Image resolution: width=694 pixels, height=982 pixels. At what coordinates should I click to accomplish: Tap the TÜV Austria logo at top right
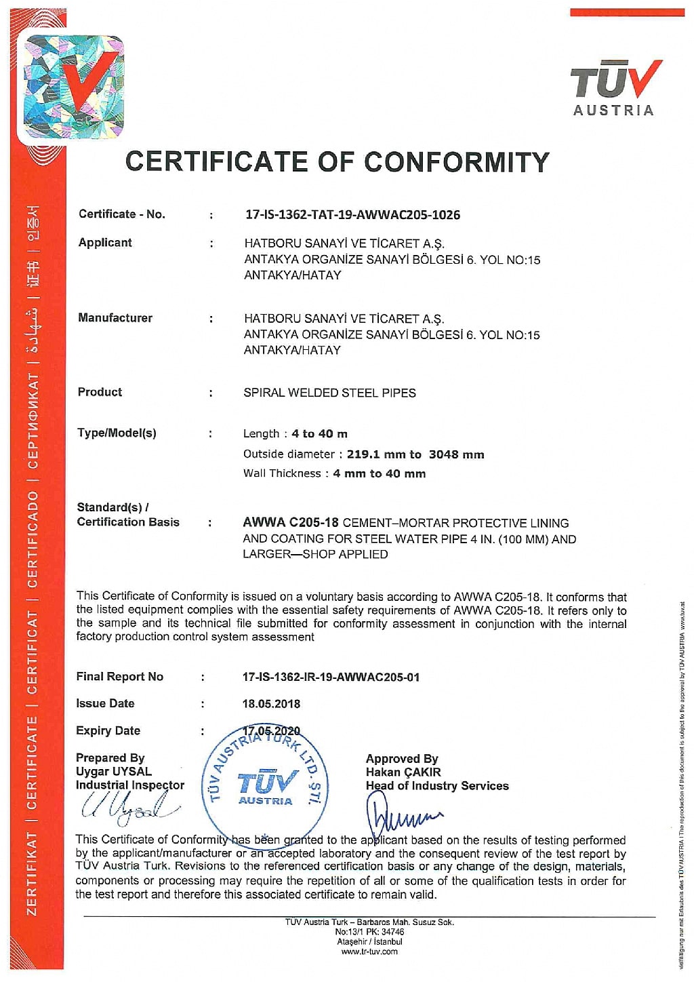click(x=615, y=89)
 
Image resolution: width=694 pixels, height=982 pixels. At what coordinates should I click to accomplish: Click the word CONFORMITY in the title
click(x=456, y=162)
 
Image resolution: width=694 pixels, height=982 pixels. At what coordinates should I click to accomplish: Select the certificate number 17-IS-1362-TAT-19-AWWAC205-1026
click(x=352, y=215)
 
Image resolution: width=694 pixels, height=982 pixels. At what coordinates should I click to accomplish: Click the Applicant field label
click(x=105, y=243)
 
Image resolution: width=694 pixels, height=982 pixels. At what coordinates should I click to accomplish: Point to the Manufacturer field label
click(x=115, y=318)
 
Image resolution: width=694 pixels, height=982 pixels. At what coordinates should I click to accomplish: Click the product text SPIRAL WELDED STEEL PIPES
click(x=329, y=393)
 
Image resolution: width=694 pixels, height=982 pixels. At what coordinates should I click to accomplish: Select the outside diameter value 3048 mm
click(x=456, y=454)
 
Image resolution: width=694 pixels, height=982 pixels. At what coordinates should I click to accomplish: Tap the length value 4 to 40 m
click(x=319, y=434)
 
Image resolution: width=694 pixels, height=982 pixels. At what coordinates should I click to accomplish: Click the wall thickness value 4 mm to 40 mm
click(x=379, y=474)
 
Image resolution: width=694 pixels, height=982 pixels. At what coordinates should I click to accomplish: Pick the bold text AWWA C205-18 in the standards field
click(x=291, y=523)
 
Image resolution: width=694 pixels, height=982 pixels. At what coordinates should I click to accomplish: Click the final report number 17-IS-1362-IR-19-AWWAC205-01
click(x=331, y=677)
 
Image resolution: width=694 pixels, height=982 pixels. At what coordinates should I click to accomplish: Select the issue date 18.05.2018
click(x=271, y=704)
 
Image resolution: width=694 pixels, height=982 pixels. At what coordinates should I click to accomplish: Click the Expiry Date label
click(x=108, y=731)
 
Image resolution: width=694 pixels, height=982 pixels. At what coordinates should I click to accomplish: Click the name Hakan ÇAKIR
click(x=403, y=772)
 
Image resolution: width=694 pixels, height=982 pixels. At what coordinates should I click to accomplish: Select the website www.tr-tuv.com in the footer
click(x=369, y=951)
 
